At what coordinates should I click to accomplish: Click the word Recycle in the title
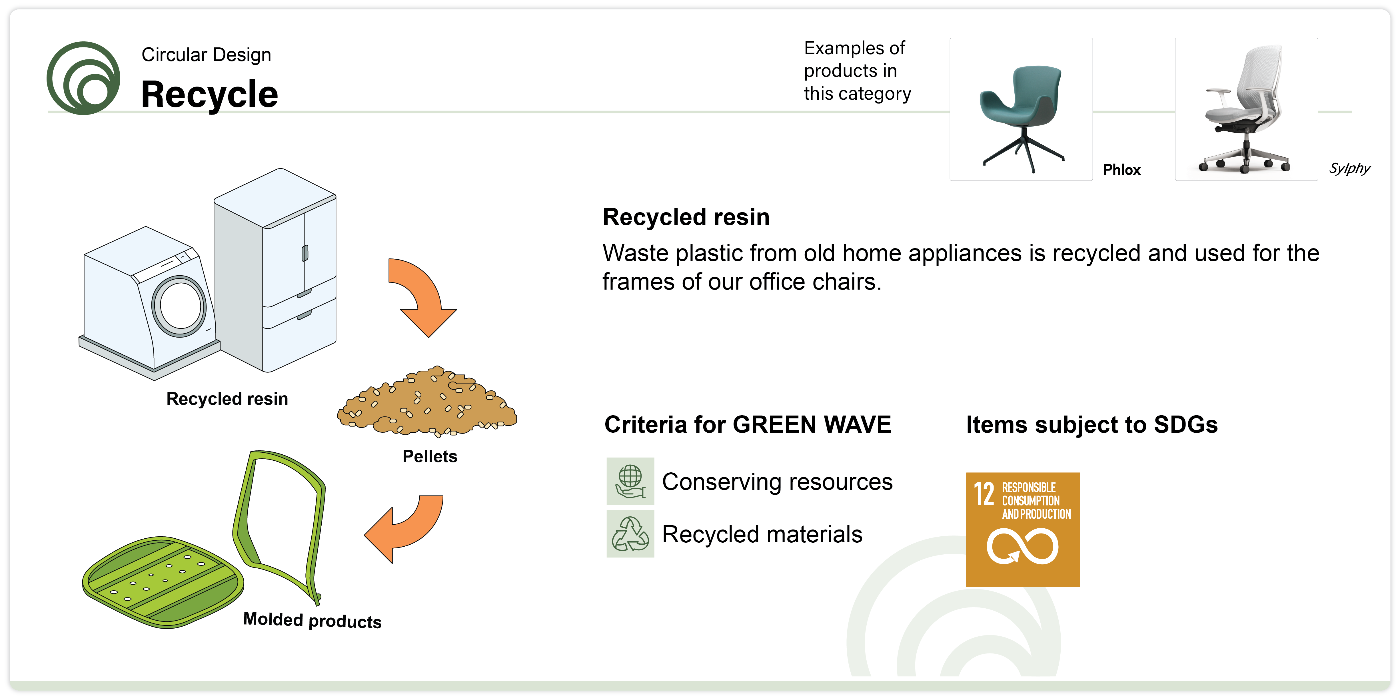[209, 95]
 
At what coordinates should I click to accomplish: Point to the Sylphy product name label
[1349, 169]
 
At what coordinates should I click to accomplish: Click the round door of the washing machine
[179, 306]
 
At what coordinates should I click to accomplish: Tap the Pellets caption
[430, 456]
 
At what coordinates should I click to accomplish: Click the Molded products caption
[313, 620]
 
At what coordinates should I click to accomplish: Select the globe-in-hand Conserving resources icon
[630, 482]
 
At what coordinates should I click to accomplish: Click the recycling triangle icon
[630, 534]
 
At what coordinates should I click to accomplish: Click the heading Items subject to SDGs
[1092, 424]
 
